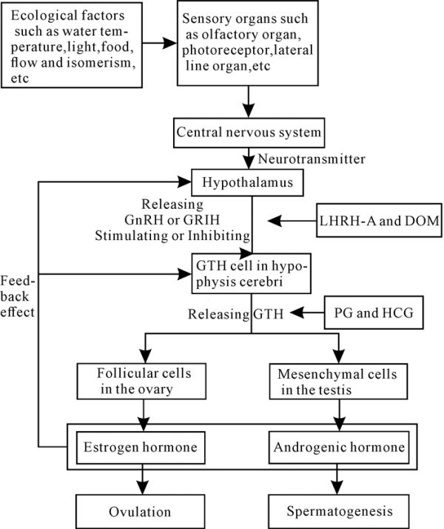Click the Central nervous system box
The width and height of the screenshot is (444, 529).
click(x=249, y=133)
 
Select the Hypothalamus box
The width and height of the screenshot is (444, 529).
click(x=247, y=182)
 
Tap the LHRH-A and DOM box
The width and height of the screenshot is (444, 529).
click(x=379, y=220)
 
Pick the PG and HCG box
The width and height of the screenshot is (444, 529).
click(x=374, y=313)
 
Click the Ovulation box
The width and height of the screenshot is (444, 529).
click(x=140, y=511)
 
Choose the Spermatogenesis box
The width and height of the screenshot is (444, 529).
click(x=339, y=511)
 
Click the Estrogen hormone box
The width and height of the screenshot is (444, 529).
click(x=141, y=448)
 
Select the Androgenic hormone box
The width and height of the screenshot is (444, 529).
click(x=339, y=448)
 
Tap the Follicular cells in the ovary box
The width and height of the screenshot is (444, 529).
click(x=141, y=382)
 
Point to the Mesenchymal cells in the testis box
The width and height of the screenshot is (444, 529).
click(x=338, y=382)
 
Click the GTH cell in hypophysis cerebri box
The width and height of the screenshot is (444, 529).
click(x=251, y=273)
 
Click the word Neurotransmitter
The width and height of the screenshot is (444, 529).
click(x=312, y=159)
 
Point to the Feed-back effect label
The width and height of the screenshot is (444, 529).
click(x=18, y=296)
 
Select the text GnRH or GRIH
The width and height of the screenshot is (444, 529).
click(x=172, y=220)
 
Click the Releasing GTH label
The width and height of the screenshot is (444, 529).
click(x=235, y=314)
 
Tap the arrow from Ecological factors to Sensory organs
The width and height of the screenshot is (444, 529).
click(x=159, y=43)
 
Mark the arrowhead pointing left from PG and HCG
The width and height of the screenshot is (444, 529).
click(x=297, y=313)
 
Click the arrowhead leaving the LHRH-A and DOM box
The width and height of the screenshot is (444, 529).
click(x=275, y=221)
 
